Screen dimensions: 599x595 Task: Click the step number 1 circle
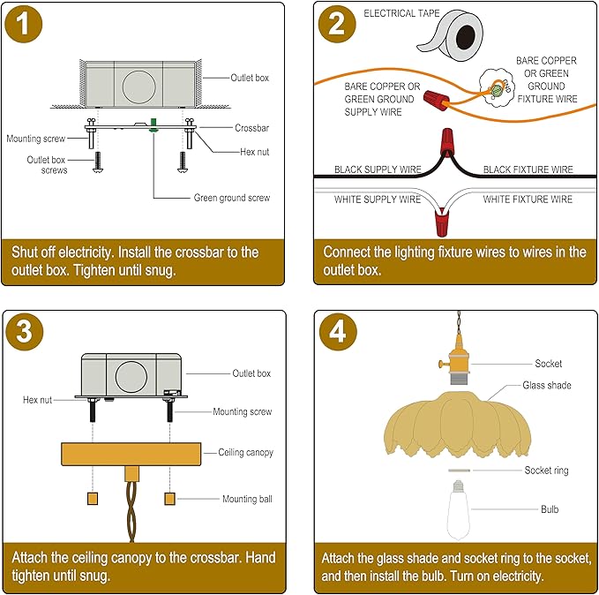tap(23, 24)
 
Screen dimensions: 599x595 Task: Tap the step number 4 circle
tap(338, 331)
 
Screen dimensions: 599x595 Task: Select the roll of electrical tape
tap(451, 37)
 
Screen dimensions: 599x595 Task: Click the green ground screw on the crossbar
tap(153, 125)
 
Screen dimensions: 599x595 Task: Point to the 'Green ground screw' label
tap(231, 198)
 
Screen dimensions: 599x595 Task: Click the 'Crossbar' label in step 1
tap(251, 128)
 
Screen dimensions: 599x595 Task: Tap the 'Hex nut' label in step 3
tap(37, 400)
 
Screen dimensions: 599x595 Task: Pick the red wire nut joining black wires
tap(447, 141)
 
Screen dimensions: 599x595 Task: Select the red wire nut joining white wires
tap(442, 222)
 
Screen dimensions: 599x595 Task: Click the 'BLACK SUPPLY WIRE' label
tap(378, 169)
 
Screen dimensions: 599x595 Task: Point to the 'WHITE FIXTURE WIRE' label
tap(528, 200)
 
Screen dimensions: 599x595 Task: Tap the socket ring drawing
tap(460, 471)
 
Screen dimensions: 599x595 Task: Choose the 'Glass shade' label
tap(547, 385)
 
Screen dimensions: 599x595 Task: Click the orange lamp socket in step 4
tap(456, 358)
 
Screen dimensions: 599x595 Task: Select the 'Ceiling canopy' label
tap(245, 452)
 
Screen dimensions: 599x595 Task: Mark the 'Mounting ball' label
tap(247, 499)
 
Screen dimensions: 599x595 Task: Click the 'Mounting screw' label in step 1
tap(36, 139)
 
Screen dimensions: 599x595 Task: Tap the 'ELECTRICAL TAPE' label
tap(401, 13)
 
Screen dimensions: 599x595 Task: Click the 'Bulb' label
tap(550, 509)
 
